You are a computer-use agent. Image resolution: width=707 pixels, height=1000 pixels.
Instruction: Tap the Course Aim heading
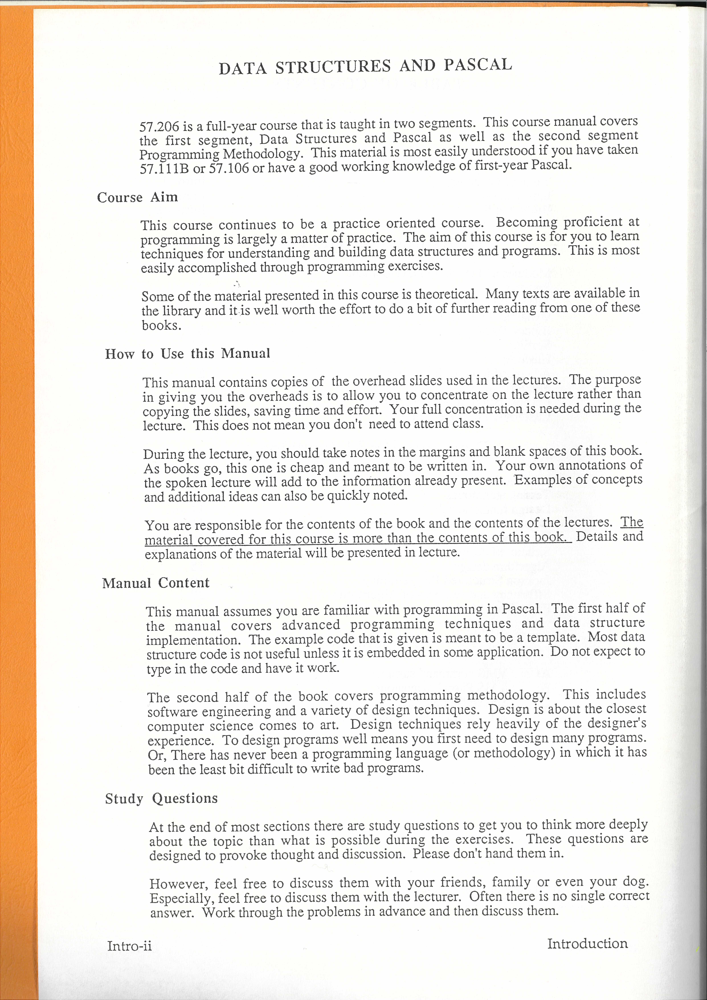click(x=138, y=198)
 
